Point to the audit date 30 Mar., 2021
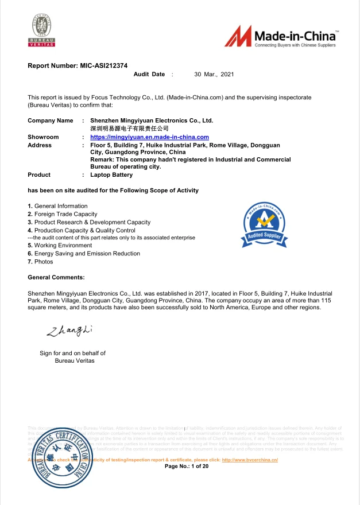click(214, 75)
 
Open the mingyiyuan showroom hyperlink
click(149, 137)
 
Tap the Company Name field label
click(51, 121)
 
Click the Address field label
click(40, 145)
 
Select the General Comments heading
click(56, 277)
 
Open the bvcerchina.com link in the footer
click(250, 460)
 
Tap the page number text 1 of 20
click(187, 467)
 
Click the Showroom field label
click(43, 137)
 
